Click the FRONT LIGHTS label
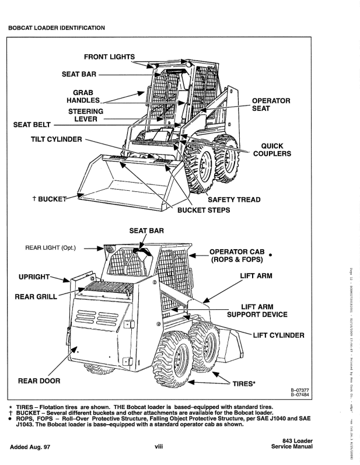click(109, 57)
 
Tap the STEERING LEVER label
click(86, 114)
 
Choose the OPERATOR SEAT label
click(271, 104)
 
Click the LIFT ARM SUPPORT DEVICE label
click(257, 310)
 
